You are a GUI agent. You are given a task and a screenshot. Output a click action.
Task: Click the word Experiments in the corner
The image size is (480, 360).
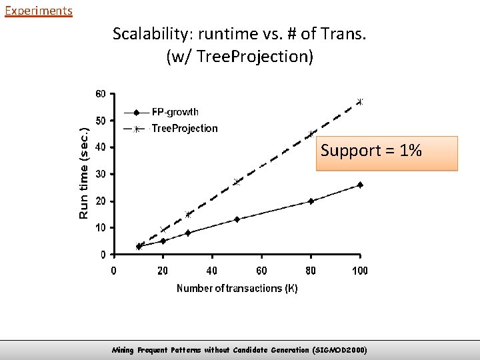click(38, 11)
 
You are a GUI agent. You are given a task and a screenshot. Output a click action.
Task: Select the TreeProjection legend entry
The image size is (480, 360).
click(184, 128)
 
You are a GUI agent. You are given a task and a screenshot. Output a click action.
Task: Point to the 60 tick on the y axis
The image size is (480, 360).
click(99, 94)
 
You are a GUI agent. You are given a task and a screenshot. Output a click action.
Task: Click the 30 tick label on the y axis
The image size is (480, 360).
click(99, 174)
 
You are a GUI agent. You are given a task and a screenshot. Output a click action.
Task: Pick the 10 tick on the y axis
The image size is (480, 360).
click(99, 228)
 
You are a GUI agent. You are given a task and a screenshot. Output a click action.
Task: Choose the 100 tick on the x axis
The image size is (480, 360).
click(360, 270)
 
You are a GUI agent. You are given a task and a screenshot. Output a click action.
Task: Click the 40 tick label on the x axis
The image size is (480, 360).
click(212, 270)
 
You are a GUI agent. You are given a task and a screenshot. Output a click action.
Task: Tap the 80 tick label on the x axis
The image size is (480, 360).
click(311, 270)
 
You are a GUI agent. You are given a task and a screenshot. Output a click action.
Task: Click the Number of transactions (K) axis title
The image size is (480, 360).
click(237, 288)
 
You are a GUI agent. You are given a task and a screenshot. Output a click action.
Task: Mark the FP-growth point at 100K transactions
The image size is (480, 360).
click(360, 185)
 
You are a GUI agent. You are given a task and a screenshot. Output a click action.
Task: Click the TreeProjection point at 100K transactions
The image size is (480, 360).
click(360, 102)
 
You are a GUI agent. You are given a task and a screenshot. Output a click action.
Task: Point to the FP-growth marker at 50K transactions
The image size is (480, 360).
click(237, 219)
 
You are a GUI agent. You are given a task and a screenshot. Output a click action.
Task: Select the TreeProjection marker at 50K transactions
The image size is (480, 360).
click(237, 182)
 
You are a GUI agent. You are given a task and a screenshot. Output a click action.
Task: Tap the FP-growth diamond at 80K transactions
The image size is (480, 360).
click(311, 201)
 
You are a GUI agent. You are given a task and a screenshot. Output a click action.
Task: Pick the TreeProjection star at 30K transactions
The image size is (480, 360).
click(188, 215)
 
